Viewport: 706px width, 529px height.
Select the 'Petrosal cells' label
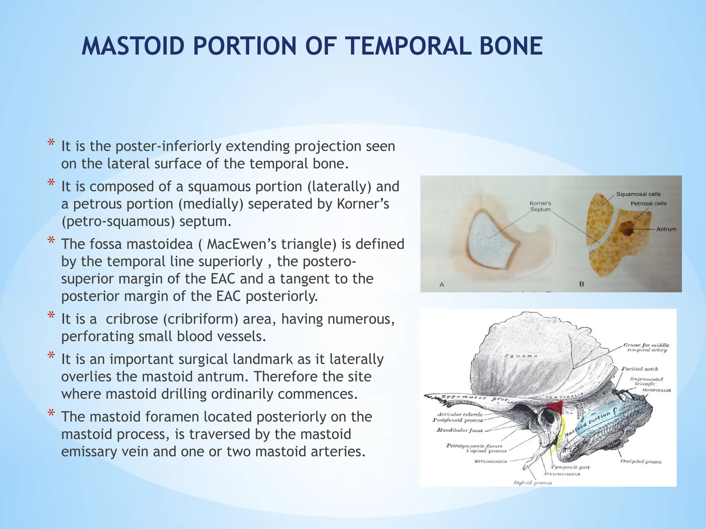coord(648,204)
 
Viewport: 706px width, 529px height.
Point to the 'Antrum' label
coord(666,229)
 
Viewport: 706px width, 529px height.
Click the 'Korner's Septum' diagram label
coord(540,206)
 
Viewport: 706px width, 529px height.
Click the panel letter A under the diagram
coord(442,285)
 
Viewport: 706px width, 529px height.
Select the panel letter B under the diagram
coord(582,284)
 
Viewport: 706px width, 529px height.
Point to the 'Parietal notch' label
coord(639,369)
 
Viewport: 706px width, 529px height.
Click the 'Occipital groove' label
coord(641,461)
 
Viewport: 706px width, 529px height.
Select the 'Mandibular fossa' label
coord(460,430)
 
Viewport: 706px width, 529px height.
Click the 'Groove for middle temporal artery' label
coord(646,348)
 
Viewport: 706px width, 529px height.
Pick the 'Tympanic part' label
coord(570,467)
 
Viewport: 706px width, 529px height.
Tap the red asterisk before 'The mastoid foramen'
coord(51,414)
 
